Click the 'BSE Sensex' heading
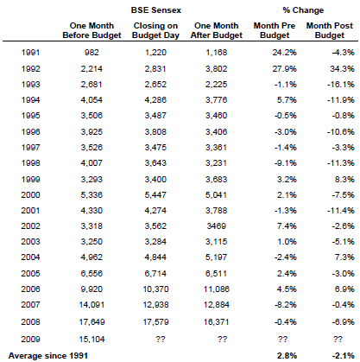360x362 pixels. click(156, 10)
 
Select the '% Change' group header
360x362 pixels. click(303, 10)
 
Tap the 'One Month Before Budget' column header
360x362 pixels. click(92, 30)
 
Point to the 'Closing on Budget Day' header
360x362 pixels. click(155, 30)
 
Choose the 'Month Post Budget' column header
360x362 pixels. click(330, 30)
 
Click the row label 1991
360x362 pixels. click(30, 53)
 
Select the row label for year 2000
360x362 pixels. click(30, 195)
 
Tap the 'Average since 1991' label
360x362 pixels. click(48, 356)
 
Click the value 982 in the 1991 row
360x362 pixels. click(92, 53)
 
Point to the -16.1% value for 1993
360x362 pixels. click(341, 85)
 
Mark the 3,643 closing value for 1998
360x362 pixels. click(155, 163)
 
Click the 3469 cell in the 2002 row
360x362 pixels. click(217, 226)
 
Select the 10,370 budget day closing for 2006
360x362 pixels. click(155, 289)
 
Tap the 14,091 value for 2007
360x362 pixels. click(92, 305)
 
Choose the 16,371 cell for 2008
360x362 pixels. click(217, 322)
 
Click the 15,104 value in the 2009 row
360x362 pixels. click(92, 340)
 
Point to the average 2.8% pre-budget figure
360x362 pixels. click(287, 356)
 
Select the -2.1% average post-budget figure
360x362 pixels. click(343, 356)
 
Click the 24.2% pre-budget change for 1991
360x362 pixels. click(285, 53)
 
